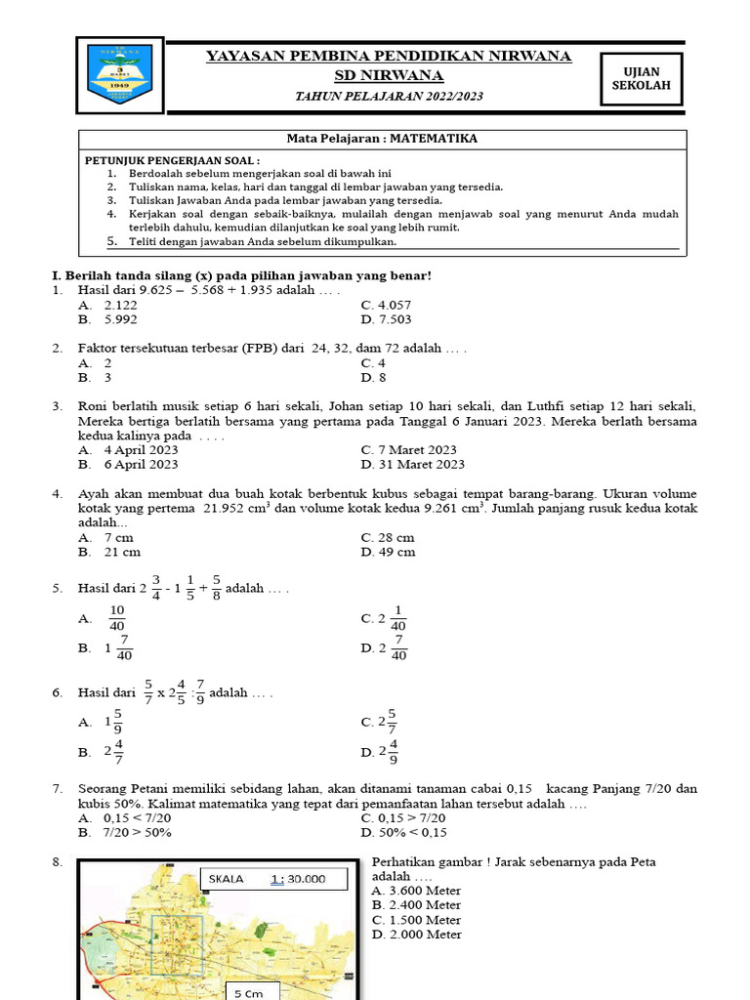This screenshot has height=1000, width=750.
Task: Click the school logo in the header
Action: [120, 77]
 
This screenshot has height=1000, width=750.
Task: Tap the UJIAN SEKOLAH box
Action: [641, 78]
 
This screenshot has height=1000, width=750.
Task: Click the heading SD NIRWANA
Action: [389, 76]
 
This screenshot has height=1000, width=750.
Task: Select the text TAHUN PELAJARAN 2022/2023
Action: [389, 97]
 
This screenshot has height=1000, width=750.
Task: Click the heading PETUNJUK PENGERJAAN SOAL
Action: [173, 159]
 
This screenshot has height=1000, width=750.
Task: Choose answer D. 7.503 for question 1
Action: [387, 319]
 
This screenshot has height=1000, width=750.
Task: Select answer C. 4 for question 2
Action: [374, 362]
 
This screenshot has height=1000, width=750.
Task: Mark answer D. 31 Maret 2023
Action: [413, 465]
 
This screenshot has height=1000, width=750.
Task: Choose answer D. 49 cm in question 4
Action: [388, 552]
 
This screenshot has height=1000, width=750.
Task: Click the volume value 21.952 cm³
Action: [243, 508]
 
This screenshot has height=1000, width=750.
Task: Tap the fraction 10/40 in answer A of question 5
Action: [117, 618]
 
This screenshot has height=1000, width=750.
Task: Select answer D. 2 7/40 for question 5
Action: [385, 647]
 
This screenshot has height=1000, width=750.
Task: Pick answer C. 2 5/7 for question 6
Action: [380, 722]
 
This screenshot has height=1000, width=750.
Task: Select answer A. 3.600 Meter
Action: [417, 891]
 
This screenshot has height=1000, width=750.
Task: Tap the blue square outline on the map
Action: [174, 947]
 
